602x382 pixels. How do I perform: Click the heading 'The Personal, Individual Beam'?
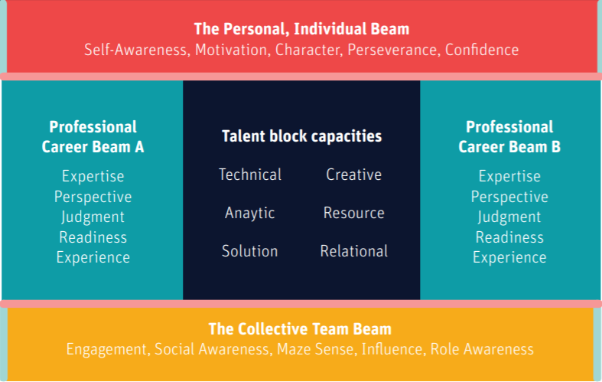point(301,30)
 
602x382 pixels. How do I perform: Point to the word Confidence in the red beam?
point(482,51)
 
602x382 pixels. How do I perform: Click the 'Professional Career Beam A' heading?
point(93,136)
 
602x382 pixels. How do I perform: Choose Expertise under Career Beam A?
point(93,176)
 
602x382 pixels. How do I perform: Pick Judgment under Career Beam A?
point(93,217)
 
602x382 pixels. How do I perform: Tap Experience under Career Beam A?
point(93,257)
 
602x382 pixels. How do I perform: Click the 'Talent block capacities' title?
point(301,136)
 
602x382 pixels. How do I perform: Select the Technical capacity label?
point(250,175)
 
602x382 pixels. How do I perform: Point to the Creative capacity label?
point(353,175)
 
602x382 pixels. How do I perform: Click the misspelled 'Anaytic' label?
point(250,213)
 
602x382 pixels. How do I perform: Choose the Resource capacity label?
point(353,213)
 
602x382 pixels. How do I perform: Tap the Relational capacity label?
point(353,251)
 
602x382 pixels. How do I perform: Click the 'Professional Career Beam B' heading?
point(509,136)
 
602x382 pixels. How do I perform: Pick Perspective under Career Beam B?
point(509,197)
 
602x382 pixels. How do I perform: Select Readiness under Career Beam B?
point(509,237)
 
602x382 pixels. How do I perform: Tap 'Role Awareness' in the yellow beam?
point(482,350)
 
